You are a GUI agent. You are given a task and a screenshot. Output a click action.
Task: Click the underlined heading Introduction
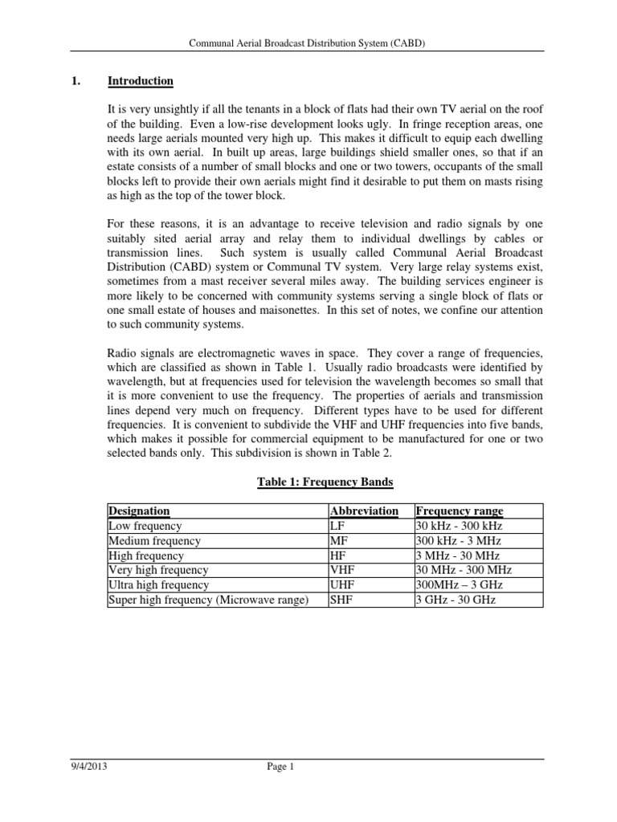[x=141, y=81]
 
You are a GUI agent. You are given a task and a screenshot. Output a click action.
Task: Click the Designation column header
[x=139, y=511]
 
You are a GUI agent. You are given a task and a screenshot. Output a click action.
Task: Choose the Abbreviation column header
[x=365, y=511]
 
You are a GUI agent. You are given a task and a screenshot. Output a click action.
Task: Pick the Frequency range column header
[x=460, y=511]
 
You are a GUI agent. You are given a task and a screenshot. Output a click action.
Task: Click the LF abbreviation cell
[x=338, y=526]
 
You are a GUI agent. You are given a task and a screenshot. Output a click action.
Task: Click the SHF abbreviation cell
[x=341, y=600]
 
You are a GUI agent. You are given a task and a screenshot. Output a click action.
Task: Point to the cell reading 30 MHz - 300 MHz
[x=464, y=570]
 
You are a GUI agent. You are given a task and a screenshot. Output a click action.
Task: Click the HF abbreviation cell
[x=338, y=555]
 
